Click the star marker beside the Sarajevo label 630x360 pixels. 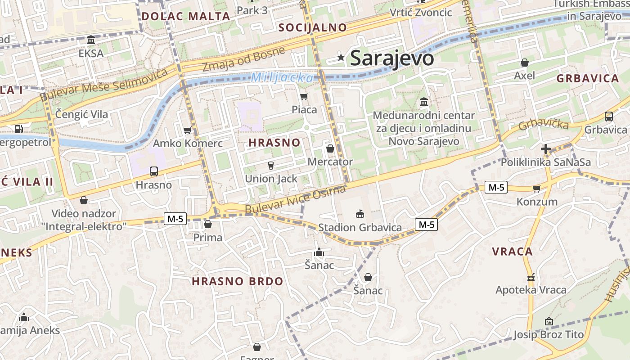[341, 57]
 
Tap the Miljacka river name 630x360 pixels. [282, 78]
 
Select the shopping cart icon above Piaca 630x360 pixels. [304, 96]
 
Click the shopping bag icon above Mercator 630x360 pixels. [330, 148]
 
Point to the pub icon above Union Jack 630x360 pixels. [271, 166]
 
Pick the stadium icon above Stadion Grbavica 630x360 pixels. [360, 214]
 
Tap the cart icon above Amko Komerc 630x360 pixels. [187, 130]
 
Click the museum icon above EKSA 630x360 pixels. [91, 40]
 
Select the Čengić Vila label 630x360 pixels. [81, 114]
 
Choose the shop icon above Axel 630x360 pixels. [524, 63]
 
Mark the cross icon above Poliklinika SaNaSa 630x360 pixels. [546, 148]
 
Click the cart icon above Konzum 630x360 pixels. [536, 189]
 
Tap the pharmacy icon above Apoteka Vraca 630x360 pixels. [531, 277]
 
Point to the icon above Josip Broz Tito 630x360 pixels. [549, 321]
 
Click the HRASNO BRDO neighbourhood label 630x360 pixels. [238, 282]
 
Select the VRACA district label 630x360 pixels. [512, 252]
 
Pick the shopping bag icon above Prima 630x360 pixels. [208, 224]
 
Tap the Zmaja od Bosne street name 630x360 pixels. [243, 59]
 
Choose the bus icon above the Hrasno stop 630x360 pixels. [154, 171]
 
